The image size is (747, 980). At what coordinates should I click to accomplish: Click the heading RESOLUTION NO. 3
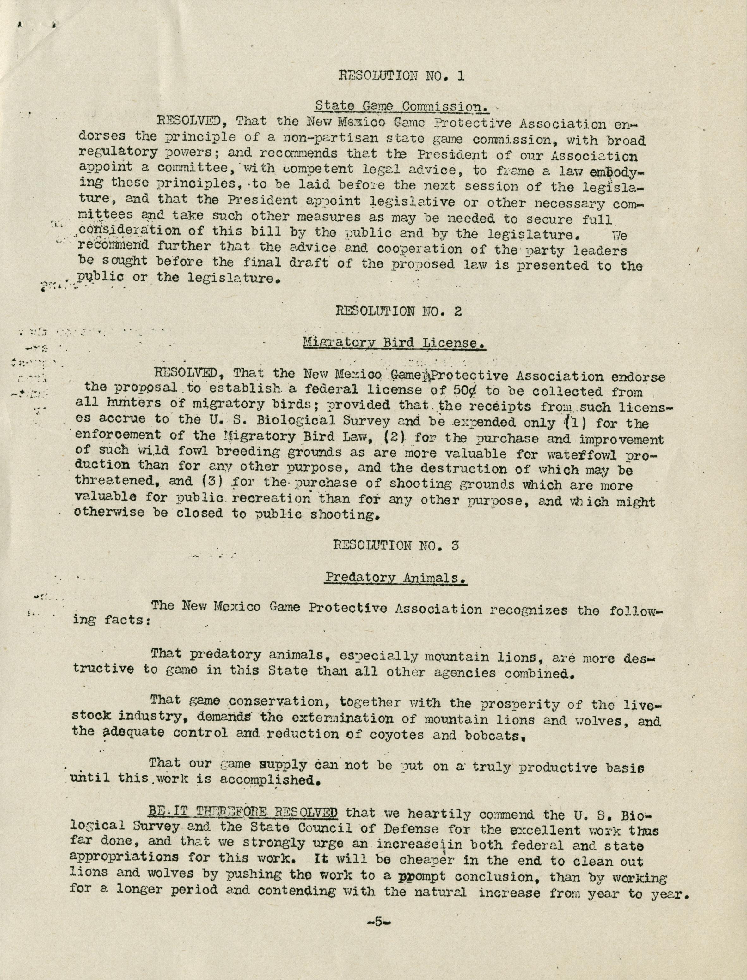(396, 545)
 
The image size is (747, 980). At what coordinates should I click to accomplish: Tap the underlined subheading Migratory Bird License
(394, 343)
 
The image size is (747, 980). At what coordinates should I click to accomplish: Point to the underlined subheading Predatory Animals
(396, 578)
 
